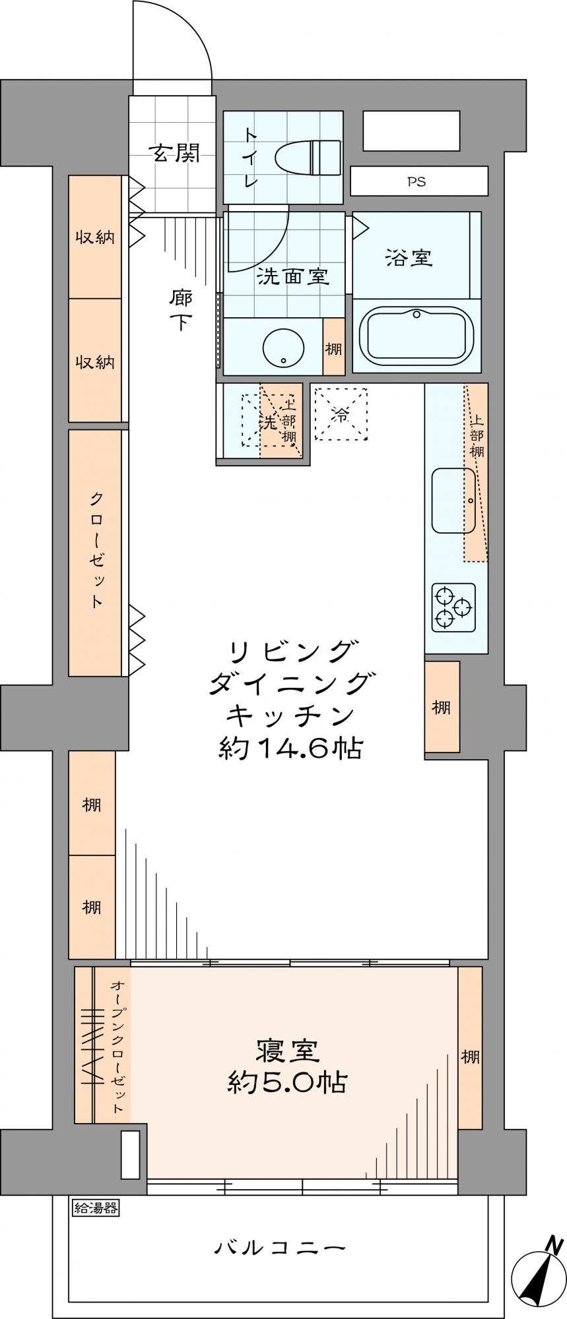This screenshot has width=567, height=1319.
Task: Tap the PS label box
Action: pos(419,181)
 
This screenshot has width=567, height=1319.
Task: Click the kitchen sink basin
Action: pos(453,501)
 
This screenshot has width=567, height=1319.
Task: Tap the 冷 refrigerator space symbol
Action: pos(341,414)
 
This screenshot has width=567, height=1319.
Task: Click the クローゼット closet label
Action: pos(96,551)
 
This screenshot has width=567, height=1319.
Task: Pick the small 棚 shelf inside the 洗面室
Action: pos(333,347)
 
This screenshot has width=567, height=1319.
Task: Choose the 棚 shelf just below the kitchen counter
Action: pos(442,707)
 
